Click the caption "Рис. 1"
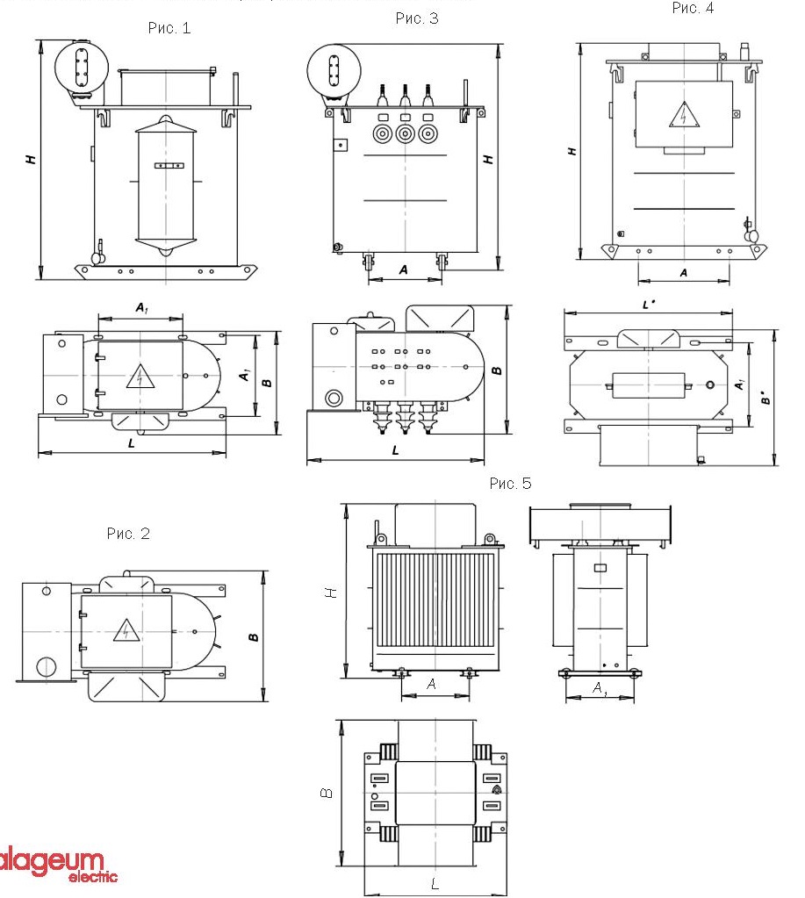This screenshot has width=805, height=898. [x=169, y=28]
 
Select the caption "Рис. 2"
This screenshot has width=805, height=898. [x=128, y=534]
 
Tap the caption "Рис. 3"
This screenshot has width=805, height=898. [x=416, y=18]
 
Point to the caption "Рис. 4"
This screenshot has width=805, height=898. [x=693, y=8]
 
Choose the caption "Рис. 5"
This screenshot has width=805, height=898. [x=510, y=484]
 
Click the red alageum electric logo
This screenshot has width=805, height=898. [x=54, y=864]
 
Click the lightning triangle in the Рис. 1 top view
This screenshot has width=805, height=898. [x=140, y=376]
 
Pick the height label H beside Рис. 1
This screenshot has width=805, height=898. [x=31, y=160]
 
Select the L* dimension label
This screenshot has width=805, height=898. [x=649, y=305]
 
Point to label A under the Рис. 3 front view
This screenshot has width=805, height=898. [x=403, y=270]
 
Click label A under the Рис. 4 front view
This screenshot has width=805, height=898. [x=684, y=273]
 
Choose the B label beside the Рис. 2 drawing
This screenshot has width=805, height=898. [x=253, y=636]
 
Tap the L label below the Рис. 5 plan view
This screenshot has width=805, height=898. [x=435, y=884]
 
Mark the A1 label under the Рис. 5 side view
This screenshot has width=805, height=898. [x=599, y=689]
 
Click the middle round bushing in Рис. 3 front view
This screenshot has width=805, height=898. [x=405, y=133]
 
